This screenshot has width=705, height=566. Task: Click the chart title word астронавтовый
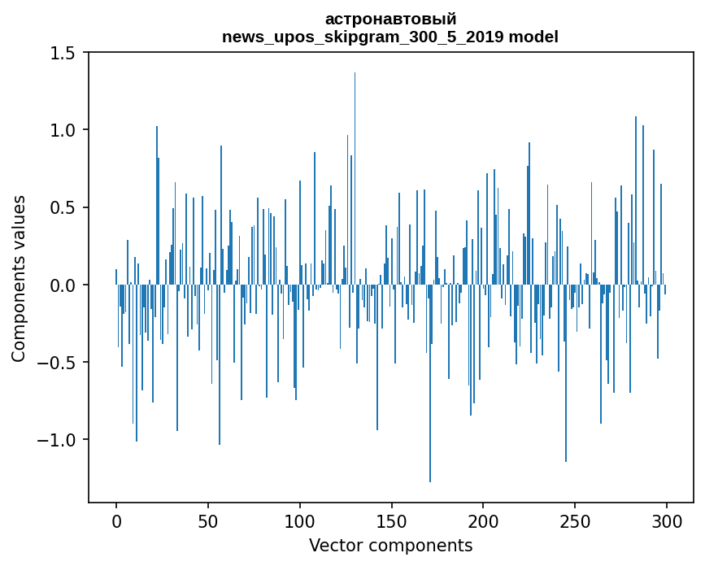(390, 19)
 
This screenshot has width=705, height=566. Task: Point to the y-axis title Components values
(19, 278)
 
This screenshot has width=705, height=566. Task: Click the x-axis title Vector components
(390, 545)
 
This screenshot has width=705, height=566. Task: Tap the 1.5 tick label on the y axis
(63, 53)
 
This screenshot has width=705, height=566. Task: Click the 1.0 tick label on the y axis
(63, 130)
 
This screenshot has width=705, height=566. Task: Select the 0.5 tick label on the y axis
(63, 207)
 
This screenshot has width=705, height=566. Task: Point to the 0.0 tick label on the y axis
(63, 285)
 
